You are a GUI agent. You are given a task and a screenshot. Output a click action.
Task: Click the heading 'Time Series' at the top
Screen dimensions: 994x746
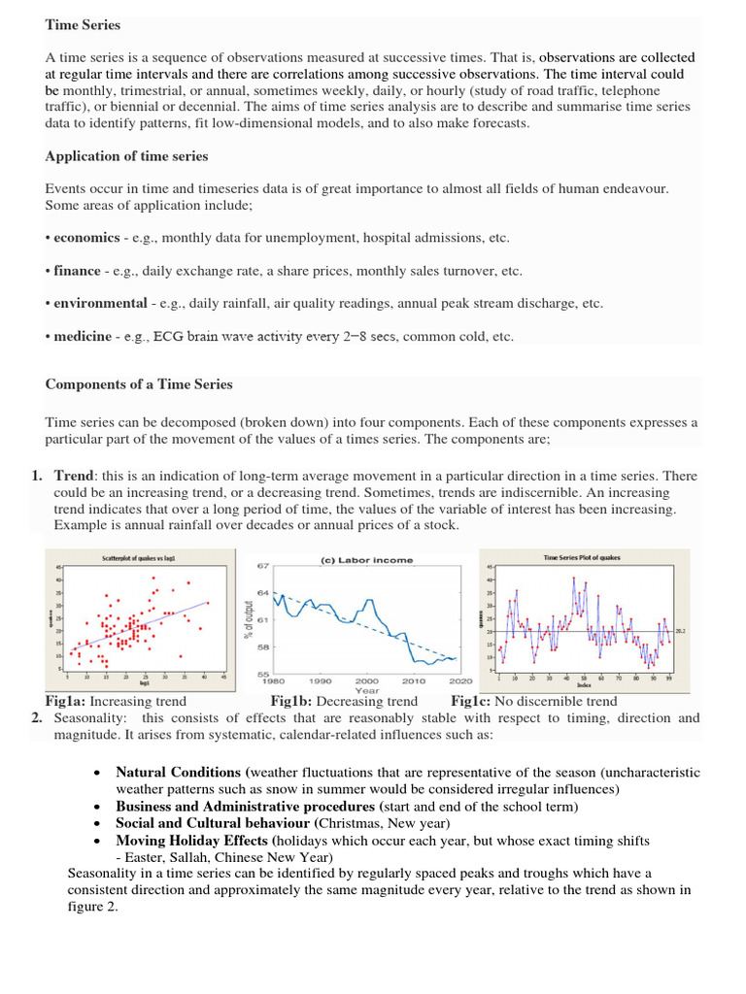(x=83, y=24)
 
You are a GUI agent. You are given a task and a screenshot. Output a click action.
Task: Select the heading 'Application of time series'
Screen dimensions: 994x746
(x=126, y=156)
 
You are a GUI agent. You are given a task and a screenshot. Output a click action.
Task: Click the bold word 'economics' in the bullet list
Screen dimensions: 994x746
(x=86, y=238)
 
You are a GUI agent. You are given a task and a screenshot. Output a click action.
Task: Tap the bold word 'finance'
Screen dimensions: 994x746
(x=78, y=271)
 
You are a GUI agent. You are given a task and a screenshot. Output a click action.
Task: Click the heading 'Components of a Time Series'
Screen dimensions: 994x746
(x=139, y=384)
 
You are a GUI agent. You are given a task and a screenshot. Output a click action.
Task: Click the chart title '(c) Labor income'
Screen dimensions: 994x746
(x=366, y=560)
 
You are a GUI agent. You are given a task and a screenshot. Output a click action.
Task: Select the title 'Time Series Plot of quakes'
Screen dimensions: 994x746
(x=582, y=557)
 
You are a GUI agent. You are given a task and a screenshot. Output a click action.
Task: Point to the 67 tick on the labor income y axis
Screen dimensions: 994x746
(x=262, y=566)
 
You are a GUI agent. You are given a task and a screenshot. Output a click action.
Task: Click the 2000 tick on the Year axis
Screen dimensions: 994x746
(x=367, y=681)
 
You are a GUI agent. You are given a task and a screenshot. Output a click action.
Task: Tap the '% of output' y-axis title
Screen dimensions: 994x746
(x=250, y=619)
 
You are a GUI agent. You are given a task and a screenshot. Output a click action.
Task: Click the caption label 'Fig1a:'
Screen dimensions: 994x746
(x=66, y=701)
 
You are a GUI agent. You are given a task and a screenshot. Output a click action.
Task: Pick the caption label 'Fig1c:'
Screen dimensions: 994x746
(x=471, y=701)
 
